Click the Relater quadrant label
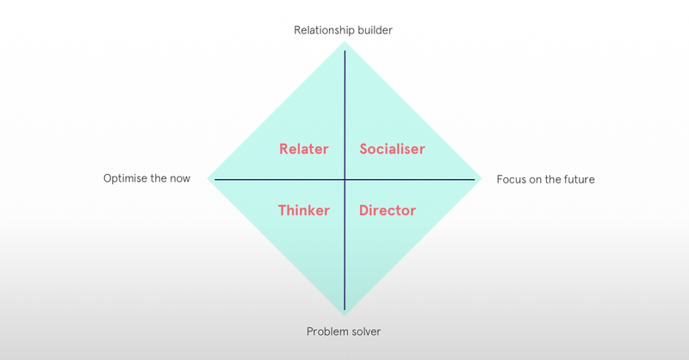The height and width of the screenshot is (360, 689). coord(304,149)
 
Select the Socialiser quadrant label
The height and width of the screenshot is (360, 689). coord(392,149)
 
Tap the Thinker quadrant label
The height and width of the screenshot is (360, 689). coord(304,210)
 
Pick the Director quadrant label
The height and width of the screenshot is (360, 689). coord(388,210)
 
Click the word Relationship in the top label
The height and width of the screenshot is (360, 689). coord(322,30)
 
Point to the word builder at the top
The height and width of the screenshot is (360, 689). coord(373,30)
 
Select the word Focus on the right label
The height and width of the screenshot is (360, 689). coord(512,180)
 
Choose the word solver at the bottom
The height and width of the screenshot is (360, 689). coord(365,332)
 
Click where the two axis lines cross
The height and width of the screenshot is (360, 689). coord(344,179)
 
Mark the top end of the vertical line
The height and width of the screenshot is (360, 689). coord(344,52)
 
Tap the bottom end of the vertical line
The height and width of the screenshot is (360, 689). coord(344,309)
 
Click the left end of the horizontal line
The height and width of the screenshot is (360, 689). coord(215,179)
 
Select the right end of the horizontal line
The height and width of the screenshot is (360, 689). coord(475,179)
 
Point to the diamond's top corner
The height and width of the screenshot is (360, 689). coord(344,41)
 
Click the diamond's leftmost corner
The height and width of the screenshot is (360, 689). coord(208,179)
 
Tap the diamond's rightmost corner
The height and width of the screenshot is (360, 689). coord(482,179)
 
